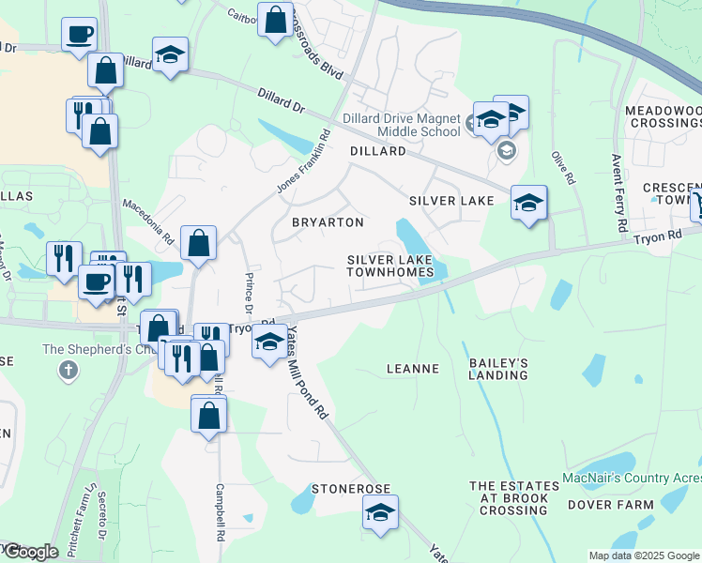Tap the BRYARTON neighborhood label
click(328, 222)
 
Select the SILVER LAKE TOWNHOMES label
click(390, 266)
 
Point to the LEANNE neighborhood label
click(413, 369)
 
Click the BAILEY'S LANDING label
click(498, 369)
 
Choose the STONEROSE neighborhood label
click(350, 490)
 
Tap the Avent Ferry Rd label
click(618, 193)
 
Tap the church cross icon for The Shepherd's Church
click(68, 371)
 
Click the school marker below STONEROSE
click(380, 513)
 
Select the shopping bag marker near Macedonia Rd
click(199, 244)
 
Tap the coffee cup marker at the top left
click(80, 35)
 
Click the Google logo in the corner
click(30, 552)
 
